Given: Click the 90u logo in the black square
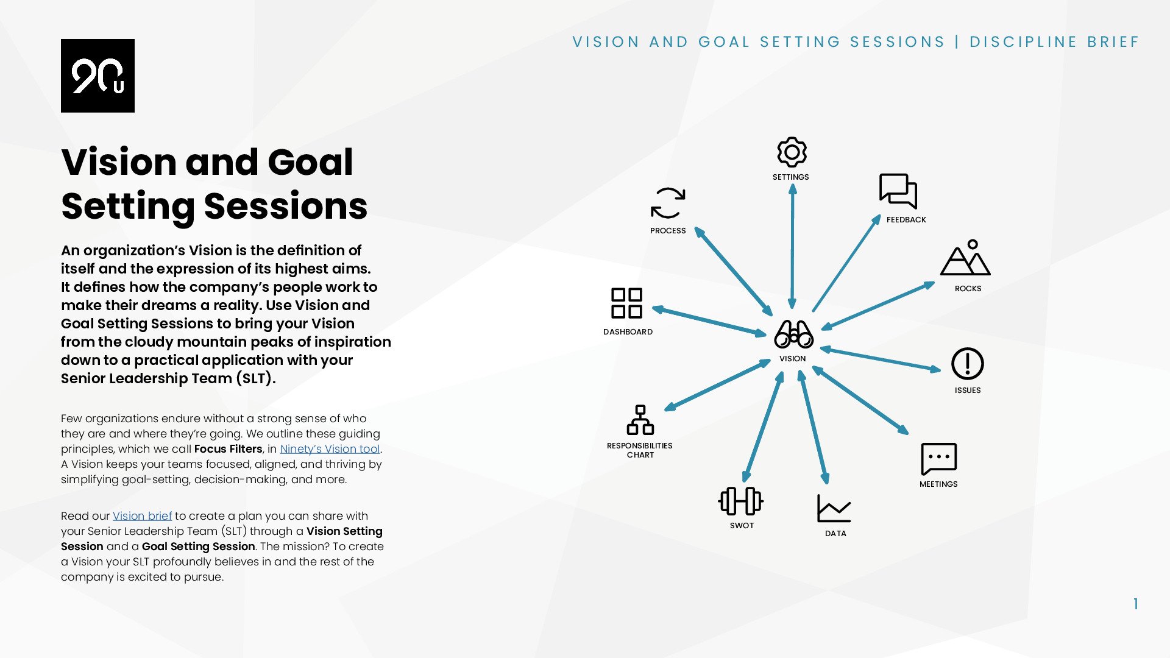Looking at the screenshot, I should (x=97, y=76).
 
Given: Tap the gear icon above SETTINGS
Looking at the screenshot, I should (x=792, y=152).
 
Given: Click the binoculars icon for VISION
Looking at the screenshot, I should (x=793, y=334).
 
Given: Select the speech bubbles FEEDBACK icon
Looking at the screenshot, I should (x=898, y=191).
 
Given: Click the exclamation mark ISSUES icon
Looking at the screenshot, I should (x=967, y=364).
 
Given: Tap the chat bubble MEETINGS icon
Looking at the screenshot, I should (x=938, y=458).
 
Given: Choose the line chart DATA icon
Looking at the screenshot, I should (x=834, y=508).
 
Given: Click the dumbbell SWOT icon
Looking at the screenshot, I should (x=740, y=501).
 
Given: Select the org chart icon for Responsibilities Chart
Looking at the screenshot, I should (x=640, y=420).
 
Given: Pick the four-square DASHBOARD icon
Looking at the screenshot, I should (x=626, y=303).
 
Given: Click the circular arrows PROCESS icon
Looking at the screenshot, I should (x=668, y=203).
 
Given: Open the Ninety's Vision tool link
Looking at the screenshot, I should (x=330, y=449).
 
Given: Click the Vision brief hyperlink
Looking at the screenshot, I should (x=142, y=516).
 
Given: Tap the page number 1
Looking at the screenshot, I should (x=1135, y=604).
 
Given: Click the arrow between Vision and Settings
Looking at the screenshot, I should (x=792, y=247).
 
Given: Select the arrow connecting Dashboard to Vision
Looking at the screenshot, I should (x=709, y=321).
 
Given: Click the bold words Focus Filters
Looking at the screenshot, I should (x=228, y=449).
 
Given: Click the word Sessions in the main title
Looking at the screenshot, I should (x=285, y=206).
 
